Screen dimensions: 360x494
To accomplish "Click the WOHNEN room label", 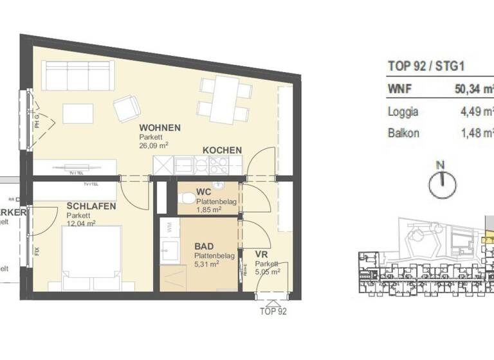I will tap(160, 127).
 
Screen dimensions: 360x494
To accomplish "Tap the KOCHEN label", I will tap(222, 150).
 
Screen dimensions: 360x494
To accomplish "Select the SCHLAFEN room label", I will tap(91, 206).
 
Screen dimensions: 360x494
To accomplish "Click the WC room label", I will tap(205, 192).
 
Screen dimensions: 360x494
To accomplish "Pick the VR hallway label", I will tap(260, 255).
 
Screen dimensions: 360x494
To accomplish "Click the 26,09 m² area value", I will tap(154, 145).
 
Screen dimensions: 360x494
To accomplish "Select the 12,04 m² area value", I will tap(81, 224).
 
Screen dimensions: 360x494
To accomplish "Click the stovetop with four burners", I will tap(218, 166).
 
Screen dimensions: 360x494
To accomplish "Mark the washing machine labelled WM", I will tap(169, 227).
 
